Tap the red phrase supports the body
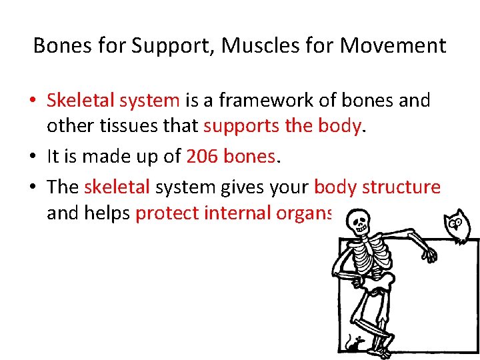click(283, 126)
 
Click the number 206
click(202, 156)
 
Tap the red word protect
click(167, 213)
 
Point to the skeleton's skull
click(358, 221)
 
